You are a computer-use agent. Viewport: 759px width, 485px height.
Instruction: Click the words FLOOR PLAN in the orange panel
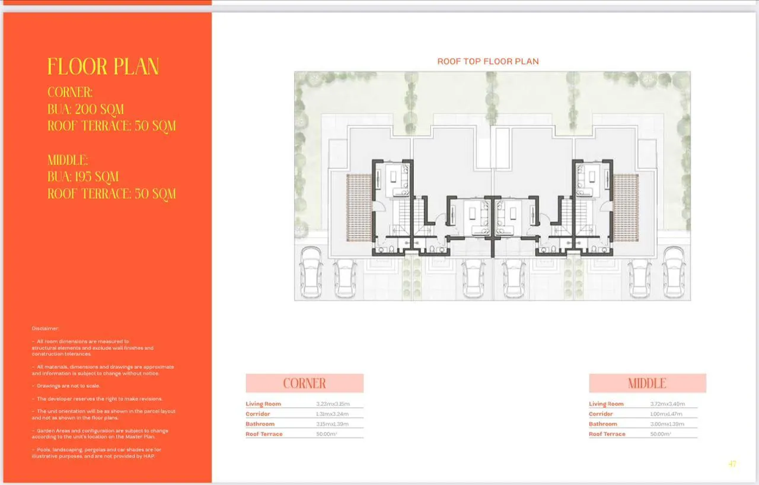coord(103,66)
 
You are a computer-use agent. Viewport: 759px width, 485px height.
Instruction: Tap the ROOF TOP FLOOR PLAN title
coord(488,61)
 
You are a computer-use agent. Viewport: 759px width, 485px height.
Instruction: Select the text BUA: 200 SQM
coord(85,109)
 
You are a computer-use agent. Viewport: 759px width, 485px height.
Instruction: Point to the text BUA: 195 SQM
coord(83,177)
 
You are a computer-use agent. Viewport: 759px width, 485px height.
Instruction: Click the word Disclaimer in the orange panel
coord(46,328)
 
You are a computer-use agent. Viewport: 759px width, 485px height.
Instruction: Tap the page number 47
coord(732,464)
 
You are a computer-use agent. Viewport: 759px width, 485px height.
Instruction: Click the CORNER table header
coord(304,383)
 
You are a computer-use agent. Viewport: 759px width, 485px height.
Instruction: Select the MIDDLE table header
coord(647,383)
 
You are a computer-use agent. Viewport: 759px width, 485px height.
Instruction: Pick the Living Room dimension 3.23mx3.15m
coord(333,404)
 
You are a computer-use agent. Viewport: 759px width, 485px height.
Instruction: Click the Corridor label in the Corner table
coord(258,414)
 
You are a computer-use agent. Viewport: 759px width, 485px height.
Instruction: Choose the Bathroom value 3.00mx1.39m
coord(667,424)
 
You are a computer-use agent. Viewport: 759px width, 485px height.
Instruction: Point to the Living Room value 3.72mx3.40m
coord(667,404)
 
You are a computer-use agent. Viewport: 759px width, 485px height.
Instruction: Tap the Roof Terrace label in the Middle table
coord(607,434)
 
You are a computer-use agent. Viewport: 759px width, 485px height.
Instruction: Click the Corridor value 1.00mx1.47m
coord(667,414)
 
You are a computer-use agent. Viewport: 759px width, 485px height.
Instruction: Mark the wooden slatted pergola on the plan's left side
coord(359,207)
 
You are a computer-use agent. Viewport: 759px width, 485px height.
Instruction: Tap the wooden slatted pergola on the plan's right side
coord(626,207)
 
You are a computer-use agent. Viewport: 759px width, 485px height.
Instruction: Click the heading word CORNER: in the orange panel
coord(70,92)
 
